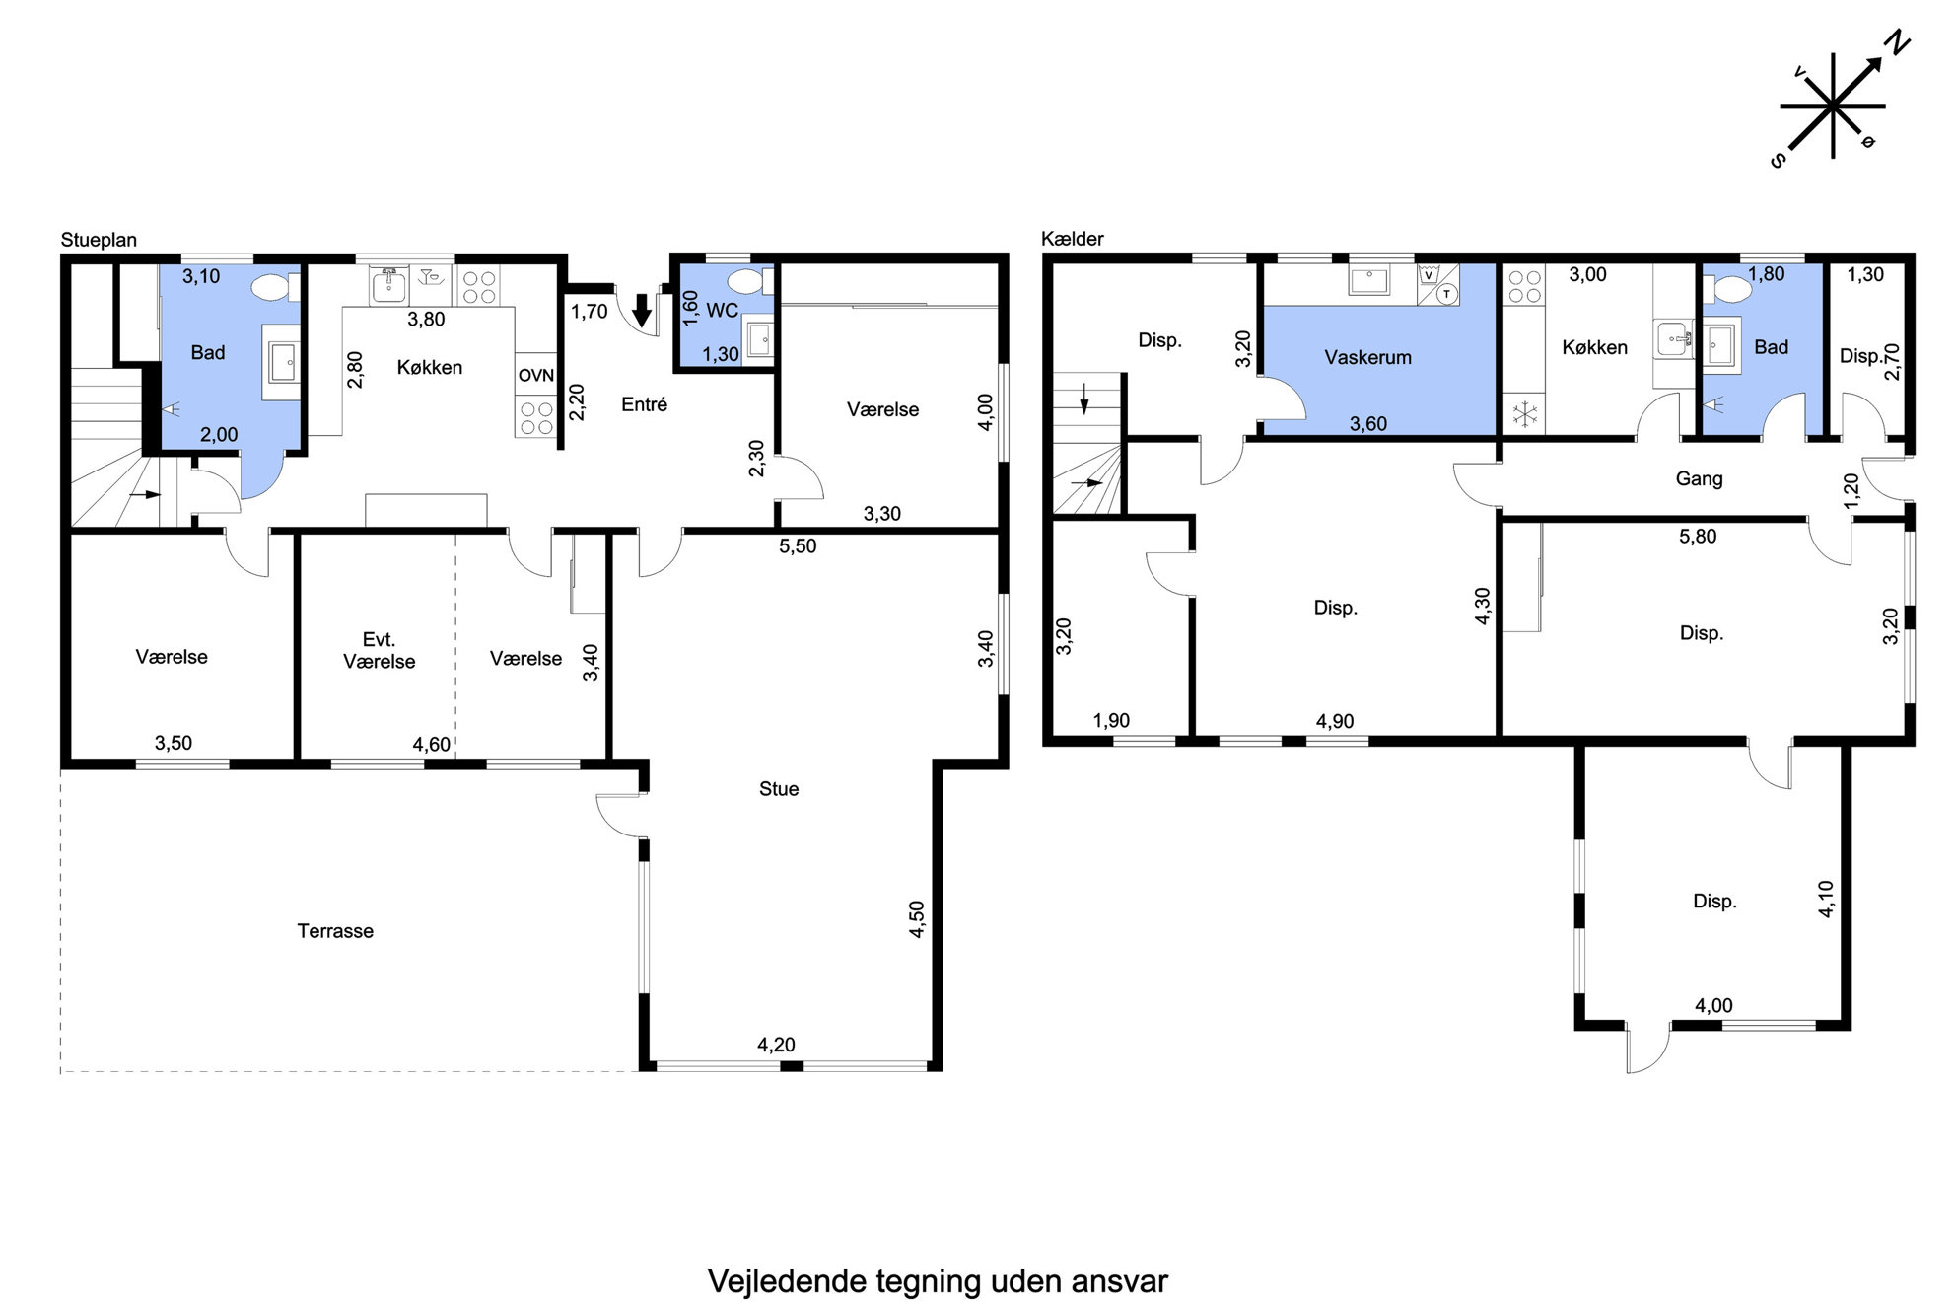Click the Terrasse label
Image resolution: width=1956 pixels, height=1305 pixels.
tap(335, 931)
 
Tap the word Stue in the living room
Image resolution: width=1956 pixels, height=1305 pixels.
tap(779, 789)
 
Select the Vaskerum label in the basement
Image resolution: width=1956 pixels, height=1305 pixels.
tap(1367, 357)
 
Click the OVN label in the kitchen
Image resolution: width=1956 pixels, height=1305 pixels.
tap(536, 376)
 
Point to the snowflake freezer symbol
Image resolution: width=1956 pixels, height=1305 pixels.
tap(1525, 414)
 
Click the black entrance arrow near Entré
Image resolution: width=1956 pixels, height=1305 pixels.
tap(642, 310)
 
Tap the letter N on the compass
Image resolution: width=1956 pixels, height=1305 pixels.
tap(1898, 44)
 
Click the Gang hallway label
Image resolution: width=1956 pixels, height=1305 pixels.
tap(1700, 478)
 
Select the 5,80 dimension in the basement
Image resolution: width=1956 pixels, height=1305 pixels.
tap(1698, 537)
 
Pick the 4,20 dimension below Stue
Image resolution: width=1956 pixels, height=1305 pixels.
tap(776, 1045)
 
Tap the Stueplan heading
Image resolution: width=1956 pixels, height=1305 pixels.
tap(99, 240)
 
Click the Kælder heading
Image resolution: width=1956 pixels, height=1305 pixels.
tap(1073, 239)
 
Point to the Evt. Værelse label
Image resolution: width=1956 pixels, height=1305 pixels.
tap(379, 651)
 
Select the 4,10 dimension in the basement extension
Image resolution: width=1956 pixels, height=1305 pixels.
tap(1826, 900)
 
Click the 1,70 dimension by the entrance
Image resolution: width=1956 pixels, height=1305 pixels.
tap(590, 312)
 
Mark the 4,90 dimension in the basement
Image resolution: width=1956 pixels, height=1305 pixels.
tap(1335, 721)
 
